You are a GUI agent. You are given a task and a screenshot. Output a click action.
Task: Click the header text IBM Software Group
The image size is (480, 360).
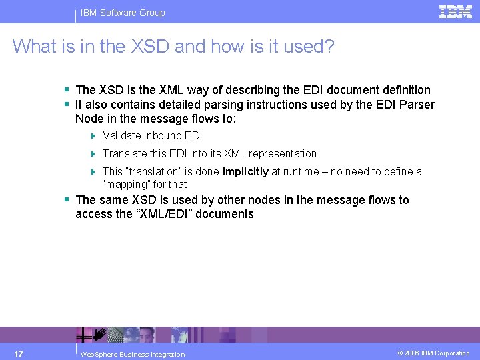coord(123,13)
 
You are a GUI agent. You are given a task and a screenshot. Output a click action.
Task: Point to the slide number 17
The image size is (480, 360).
coord(19,353)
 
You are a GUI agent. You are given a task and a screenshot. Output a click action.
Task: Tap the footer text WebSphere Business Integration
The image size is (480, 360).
coord(132,354)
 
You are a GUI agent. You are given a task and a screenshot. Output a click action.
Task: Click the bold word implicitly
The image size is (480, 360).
coord(245,171)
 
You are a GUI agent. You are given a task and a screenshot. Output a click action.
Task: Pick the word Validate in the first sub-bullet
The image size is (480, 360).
coord(123,135)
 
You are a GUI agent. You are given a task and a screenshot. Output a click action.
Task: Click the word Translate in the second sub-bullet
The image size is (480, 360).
coord(125,153)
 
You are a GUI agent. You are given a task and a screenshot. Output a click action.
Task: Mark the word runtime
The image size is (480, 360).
coord(293,171)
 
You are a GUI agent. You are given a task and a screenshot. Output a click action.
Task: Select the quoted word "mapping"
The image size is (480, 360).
coord(125,184)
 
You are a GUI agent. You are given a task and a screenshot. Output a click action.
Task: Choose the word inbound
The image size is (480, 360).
coord(164,135)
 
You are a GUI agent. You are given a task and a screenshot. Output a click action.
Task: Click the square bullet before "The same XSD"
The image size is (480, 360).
coord(67,200)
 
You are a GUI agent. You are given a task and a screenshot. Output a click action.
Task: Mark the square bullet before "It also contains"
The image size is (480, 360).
coord(67,105)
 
